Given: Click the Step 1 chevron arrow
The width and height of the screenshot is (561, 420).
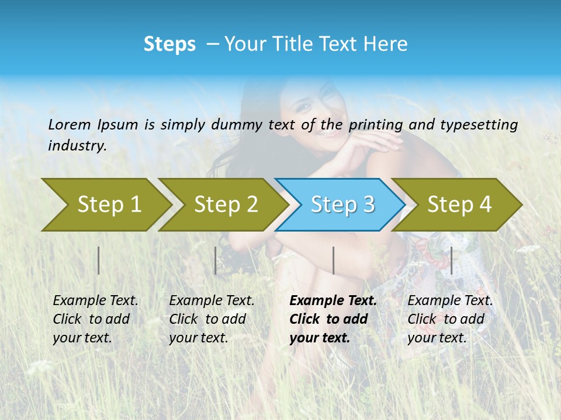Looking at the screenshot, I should (x=109, y=204).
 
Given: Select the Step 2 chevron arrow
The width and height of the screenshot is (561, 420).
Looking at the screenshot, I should (x=226, y=204).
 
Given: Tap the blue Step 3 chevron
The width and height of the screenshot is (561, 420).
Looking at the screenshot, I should (x=342, y=204).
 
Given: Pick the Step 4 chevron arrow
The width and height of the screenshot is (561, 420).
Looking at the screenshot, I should (x=459, y=204).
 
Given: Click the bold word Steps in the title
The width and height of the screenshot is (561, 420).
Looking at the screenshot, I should (x=169, y=44).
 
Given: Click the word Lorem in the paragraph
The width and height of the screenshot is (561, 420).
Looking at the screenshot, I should (x=69, y=124).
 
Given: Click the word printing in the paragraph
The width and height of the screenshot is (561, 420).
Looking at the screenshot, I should (x=367, y=124).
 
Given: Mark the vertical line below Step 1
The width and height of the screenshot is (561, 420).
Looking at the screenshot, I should (x=99, y=260).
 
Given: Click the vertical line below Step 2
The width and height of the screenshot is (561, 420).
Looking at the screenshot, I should (x=216, y=260).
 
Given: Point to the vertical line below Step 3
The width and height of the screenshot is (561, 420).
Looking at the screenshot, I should (x=333, y=260).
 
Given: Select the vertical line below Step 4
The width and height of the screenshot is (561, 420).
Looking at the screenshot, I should (x=452, y=260).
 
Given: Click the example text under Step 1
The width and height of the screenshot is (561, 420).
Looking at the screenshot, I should (x=95, y=319).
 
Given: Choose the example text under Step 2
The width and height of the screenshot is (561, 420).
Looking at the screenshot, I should (x=211, y=319).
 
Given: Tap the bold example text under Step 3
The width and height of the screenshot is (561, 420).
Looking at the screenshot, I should (x=333, y=319).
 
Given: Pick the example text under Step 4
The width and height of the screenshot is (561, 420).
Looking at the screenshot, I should (x=449, y=319).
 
